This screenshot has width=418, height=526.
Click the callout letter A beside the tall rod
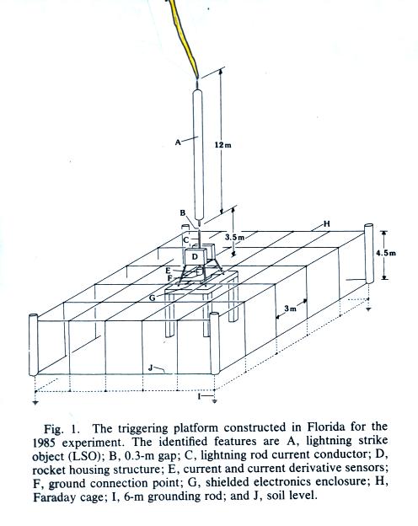[x=178, y=142]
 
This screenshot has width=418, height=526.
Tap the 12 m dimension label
[x=223, y=145]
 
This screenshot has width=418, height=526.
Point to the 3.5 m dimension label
[x=233, y=237]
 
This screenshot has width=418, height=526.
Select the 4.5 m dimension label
[x=386, y=253]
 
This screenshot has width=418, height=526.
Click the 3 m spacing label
[x=291, y=309]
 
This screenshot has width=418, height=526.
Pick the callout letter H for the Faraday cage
[x=327, y=223]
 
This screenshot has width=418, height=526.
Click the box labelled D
[x=195, y=257]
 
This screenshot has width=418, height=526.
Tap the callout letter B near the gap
[x=183, y=212]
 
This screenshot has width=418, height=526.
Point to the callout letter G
[x=153, y=298]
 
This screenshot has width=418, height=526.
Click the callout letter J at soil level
[x=151, y=368]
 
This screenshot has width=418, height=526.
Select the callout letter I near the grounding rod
[x=199, y=396]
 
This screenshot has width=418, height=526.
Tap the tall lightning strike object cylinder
[x=198, y=154]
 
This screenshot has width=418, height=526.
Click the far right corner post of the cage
[x=368, y=253]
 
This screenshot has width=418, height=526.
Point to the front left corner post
[x=34, y=345]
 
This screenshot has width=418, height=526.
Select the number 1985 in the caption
[x=44, y=443]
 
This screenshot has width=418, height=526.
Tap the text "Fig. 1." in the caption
[x=62, y=429]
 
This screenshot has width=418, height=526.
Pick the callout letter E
[x=168, y=271]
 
